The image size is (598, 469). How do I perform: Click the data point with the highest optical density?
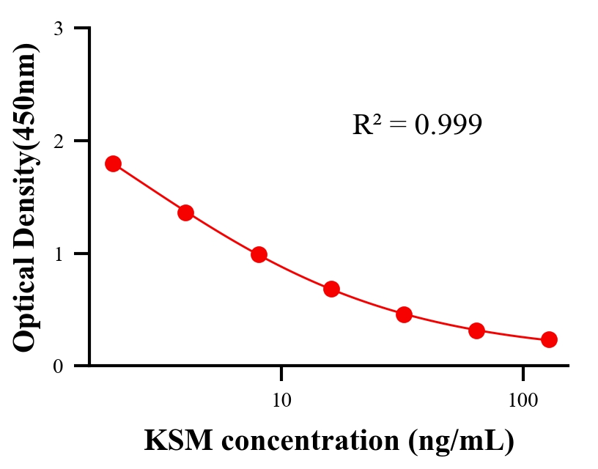point(113,163)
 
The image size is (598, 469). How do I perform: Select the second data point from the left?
point(185,213)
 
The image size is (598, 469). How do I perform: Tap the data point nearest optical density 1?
point(259,255)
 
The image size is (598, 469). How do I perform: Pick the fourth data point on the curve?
point(331,289)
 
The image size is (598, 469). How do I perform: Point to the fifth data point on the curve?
point(404,315)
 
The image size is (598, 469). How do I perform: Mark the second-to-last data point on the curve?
point(476,330)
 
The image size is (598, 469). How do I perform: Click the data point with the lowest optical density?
point(549,339)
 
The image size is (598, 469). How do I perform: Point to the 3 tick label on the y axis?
point(58,29)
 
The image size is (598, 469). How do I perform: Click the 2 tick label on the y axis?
point(58,141)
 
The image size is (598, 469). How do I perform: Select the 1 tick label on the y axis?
point(58,254)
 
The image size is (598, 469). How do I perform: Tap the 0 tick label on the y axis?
point(58,366)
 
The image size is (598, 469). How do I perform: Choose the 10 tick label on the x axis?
point(281,400)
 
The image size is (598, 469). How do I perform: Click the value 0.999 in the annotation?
point(448,125)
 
